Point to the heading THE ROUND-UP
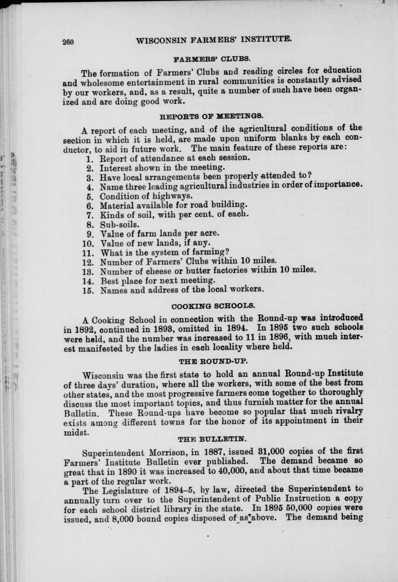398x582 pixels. [213, 361]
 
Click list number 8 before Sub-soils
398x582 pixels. [90, 224]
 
